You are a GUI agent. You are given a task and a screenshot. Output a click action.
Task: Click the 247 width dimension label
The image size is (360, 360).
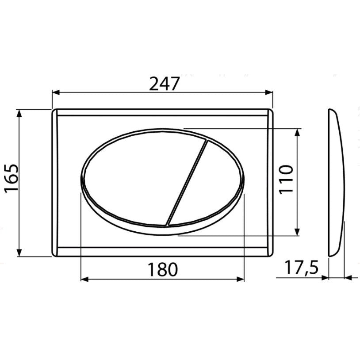point(164,84)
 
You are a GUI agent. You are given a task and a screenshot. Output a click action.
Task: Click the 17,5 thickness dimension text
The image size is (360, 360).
point(302,268)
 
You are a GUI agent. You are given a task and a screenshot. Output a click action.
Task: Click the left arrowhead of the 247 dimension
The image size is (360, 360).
point(56,92)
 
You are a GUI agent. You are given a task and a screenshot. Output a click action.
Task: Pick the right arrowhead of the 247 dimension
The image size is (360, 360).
point(269,92)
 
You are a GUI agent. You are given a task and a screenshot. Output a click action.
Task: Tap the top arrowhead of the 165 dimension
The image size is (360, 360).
point(19,113)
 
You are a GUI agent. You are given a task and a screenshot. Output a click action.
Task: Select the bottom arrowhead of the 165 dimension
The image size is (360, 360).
point(19,253)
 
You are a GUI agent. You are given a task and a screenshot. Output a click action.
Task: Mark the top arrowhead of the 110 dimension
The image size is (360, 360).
point(298,133)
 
